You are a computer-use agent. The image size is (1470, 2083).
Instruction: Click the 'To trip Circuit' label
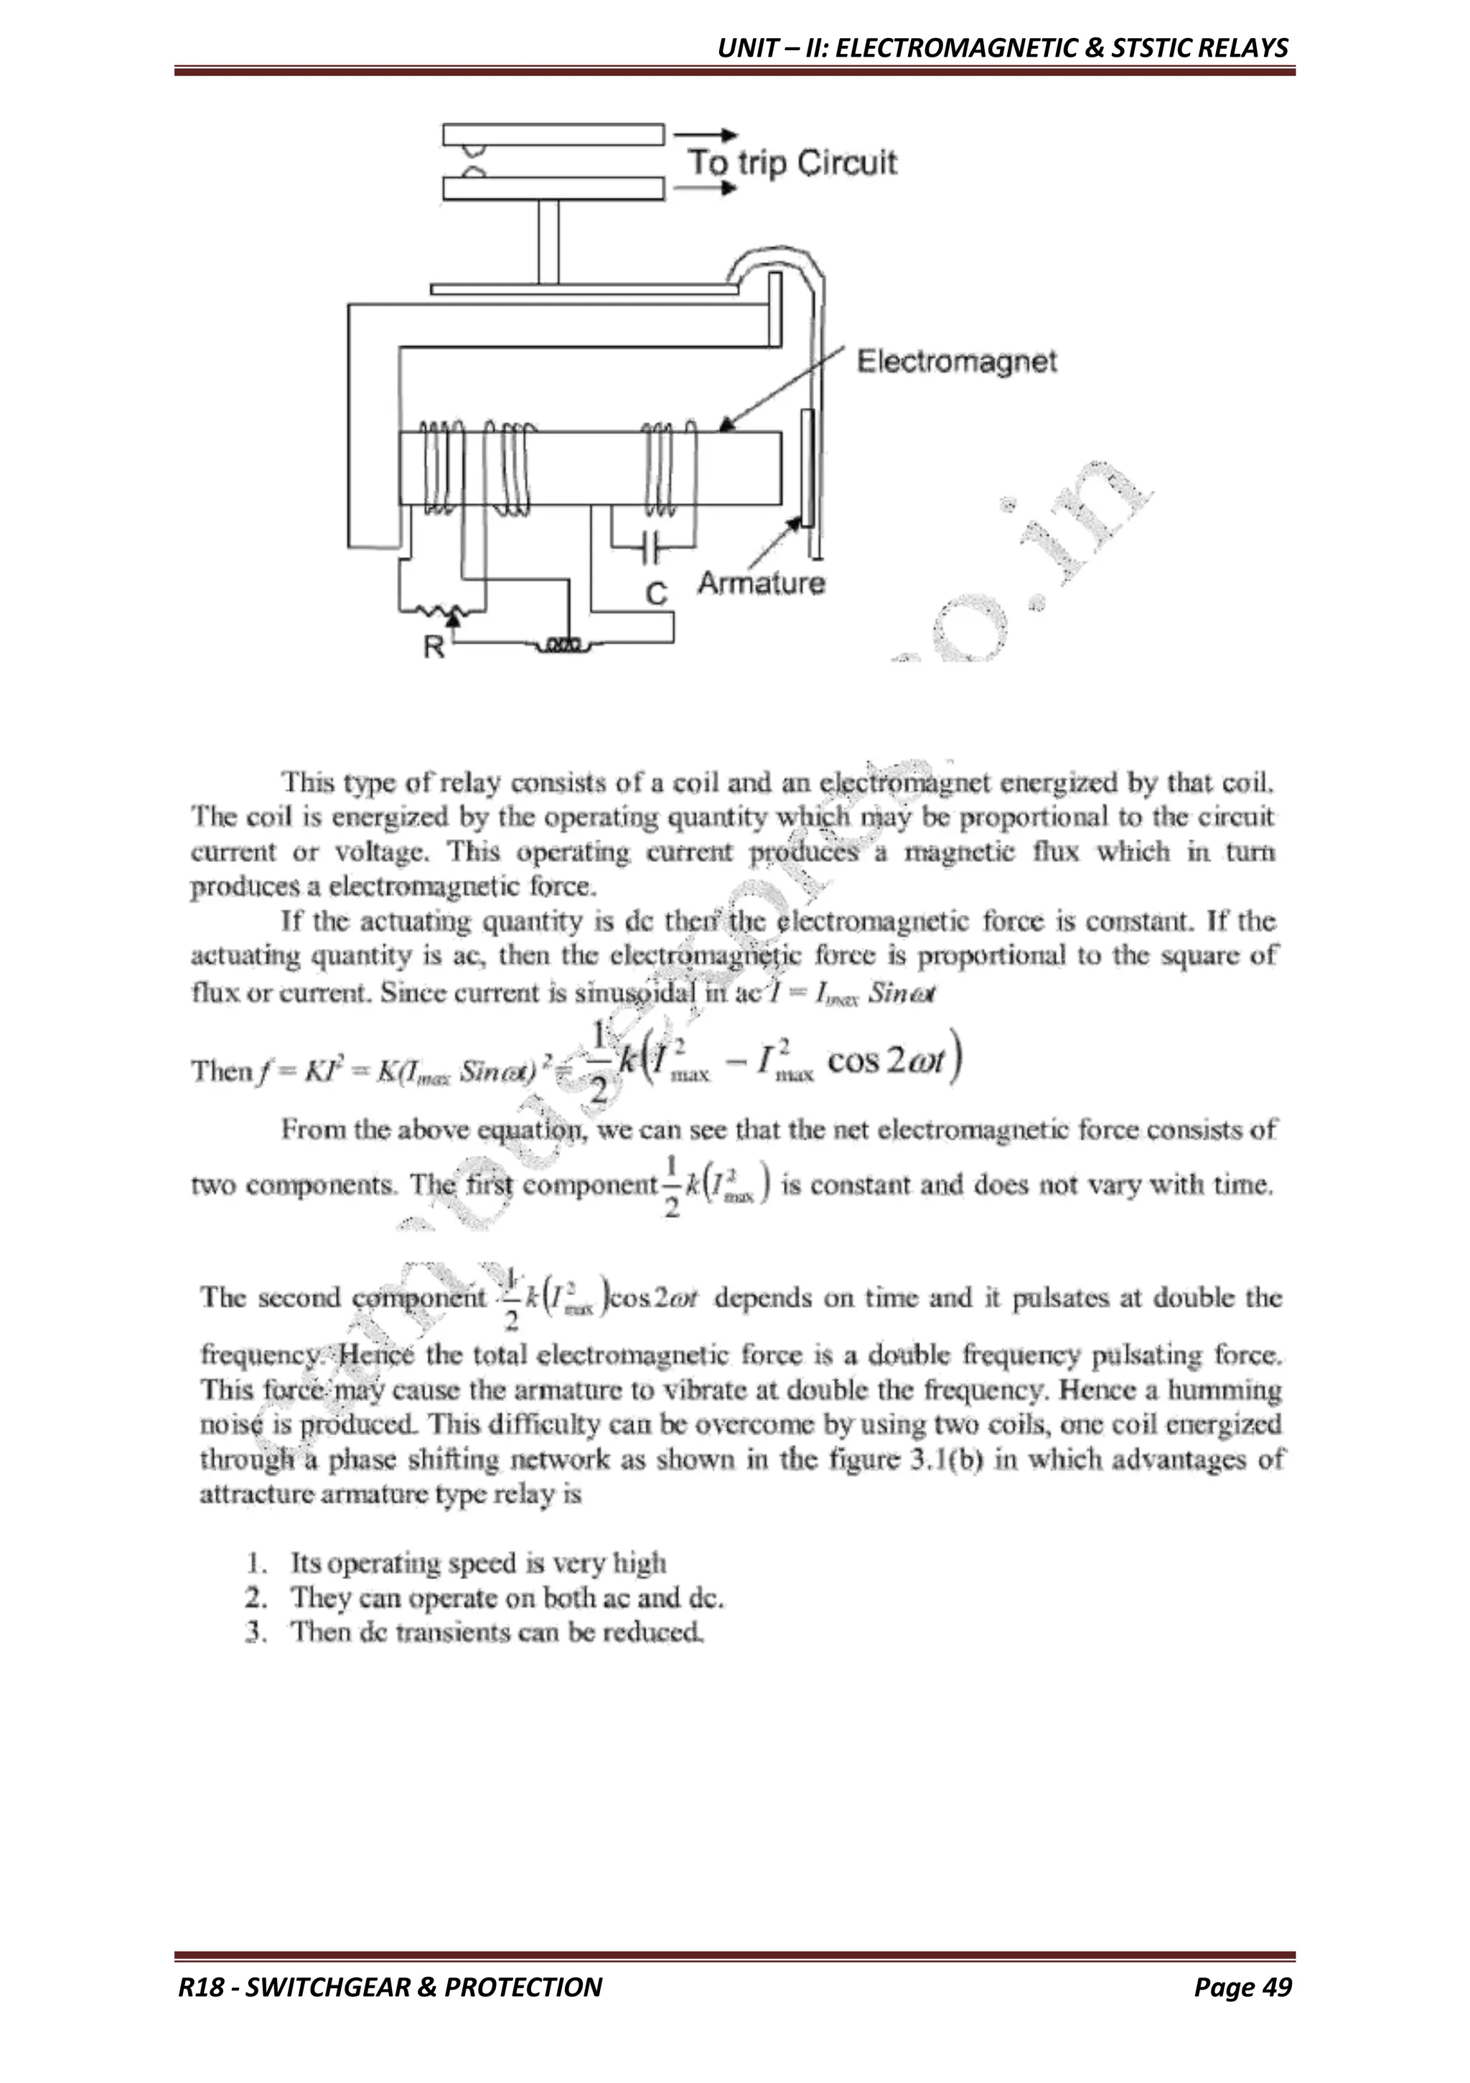[791, 164]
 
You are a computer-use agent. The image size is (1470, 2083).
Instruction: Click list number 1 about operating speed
[256, 1563]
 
